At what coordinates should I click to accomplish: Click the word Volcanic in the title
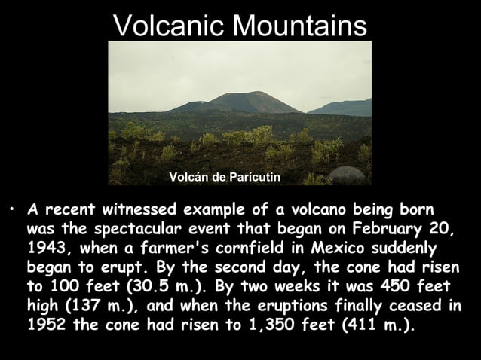(x=168, y=26)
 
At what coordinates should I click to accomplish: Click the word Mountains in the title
(x=301, y=26)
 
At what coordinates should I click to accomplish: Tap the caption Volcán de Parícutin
(x=224, y=176)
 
